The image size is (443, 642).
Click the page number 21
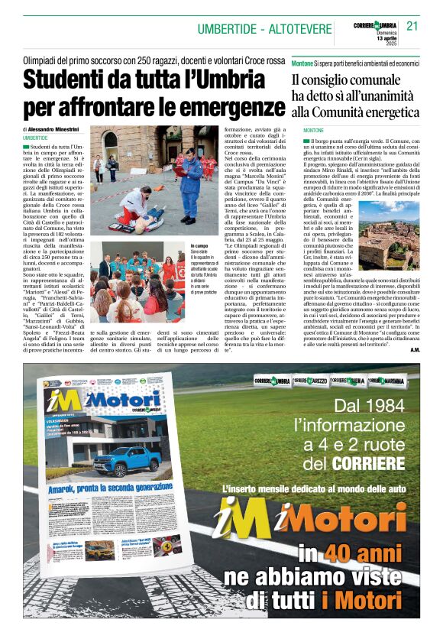412,25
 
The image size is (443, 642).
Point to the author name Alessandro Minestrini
65,130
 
